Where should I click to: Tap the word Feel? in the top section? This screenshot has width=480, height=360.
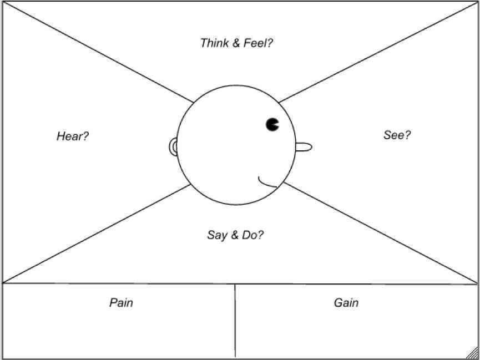[257, 43]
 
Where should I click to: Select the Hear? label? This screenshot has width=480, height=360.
[73, 136]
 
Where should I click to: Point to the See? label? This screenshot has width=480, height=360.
[397, 135]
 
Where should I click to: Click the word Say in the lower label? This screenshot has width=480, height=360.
[217, 236]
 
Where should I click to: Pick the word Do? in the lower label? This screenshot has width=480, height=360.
[253, 235]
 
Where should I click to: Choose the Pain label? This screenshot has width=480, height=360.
[121, 303]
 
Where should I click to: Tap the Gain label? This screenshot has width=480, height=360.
[346, 303]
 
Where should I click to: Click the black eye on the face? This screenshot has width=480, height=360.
[272, 124]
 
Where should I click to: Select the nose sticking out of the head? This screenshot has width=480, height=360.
[304, 147]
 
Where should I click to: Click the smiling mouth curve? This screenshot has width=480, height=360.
[266, 184]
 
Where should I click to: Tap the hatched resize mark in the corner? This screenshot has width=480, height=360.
[473, 353]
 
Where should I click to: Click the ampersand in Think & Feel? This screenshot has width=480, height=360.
[236, 43]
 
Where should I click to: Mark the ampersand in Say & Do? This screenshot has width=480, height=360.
[234, 236]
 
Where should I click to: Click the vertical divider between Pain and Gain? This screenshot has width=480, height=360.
[235, 321]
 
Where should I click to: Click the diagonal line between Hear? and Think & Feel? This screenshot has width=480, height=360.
[98, 52]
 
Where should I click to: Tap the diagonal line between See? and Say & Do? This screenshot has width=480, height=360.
[380, 232]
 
